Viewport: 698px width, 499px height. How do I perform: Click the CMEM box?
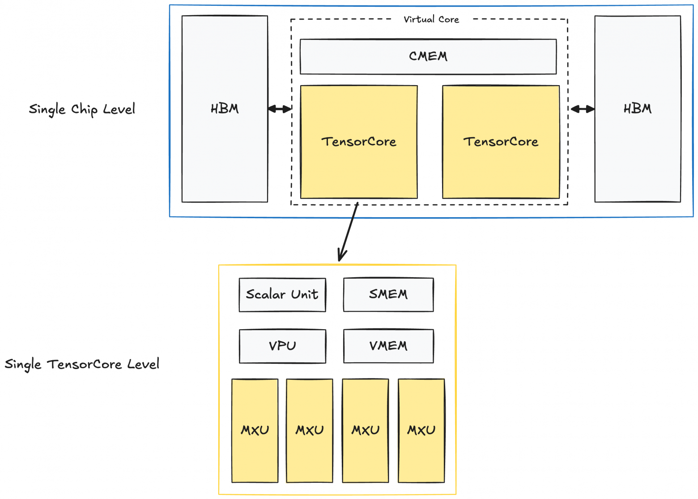[x=428, y=56]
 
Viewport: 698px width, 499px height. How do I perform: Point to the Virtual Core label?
[x=431, y=19]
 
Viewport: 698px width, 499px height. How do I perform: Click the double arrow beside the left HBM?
[x=280, y=109]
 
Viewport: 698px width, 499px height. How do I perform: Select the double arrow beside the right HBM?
[x=583, y=109]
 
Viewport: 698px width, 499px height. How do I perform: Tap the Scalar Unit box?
[x=282, y=295]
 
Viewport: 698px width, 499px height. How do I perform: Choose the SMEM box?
[x=388, y=295]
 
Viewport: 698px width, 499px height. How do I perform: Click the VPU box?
[x=282, y=346]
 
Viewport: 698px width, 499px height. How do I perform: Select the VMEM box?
[x=388, y=346]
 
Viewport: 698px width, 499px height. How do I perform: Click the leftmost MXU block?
[x=255, y=430]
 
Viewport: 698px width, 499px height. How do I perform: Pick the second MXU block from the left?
[x=309, y=430]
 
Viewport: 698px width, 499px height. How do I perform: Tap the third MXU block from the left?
[x=365, y=430]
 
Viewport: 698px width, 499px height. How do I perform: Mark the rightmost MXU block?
[x=421, y=430]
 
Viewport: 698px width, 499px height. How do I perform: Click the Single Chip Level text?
[x=82, y=109]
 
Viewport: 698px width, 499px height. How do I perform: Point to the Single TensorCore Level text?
[x=82, y=364]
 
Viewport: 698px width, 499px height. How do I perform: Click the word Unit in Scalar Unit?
[x=304, y=295]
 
